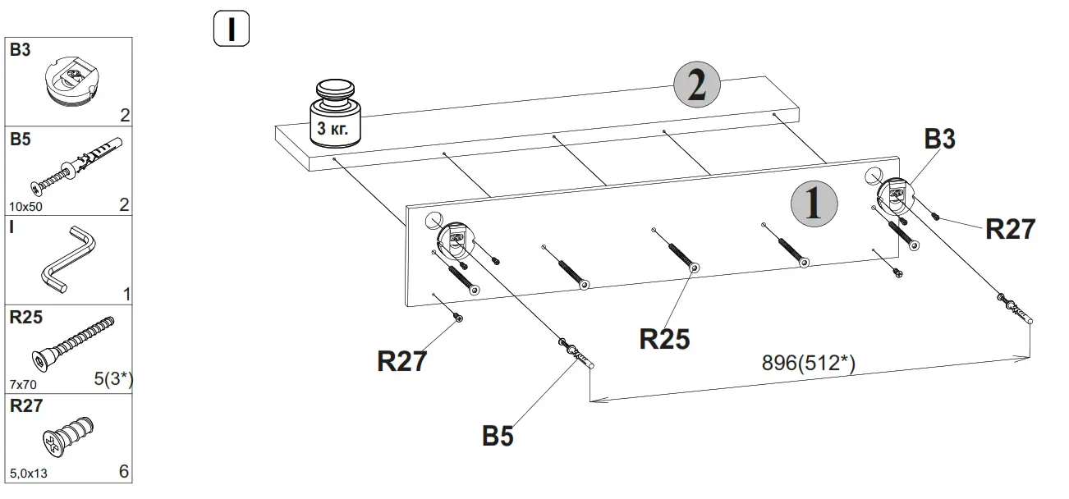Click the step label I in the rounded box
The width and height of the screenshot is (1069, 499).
coord(232,30)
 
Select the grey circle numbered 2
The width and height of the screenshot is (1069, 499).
coord(696,86)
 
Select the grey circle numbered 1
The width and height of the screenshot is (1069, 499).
coord(814,203)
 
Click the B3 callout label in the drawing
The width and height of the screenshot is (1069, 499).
coord(940,140)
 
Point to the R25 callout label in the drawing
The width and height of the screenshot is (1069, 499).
coord(665,339)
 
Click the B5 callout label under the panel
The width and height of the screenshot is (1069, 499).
coord(498,437)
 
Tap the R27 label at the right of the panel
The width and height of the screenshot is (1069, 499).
coord(1010,229)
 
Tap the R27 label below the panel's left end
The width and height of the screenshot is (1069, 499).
coord(402,361)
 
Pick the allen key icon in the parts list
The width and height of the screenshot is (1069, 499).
coord(69,259)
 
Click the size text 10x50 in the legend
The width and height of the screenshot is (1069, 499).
coord(25,206)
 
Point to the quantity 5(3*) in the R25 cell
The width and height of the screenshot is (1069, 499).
coord(113,379)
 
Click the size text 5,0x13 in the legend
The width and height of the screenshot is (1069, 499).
coord(29,474)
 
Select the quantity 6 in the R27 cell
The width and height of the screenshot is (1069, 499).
coord(124,472)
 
